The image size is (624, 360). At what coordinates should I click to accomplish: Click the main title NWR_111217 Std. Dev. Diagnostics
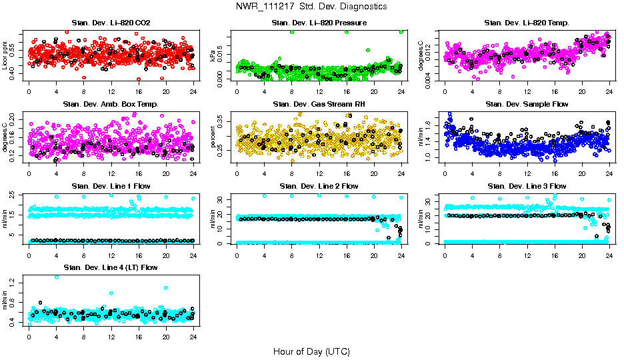(x=311, y=6)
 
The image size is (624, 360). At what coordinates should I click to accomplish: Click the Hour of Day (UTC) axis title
(x=311, y=351)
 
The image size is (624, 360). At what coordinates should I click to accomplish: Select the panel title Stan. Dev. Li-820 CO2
(x=111, y=23)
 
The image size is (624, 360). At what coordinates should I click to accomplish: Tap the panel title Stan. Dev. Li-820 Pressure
(x=319, y=23)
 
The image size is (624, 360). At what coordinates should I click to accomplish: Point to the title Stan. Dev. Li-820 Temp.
(x=527, y=23)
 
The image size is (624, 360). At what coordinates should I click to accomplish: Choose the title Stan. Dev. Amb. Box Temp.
(x=111, y=104)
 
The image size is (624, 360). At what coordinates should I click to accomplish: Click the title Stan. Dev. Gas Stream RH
(x=319, y=104)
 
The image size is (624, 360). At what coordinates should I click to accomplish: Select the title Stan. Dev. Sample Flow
(x=527, y=104)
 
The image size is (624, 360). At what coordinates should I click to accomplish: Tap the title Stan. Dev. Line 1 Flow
(x=111, y=186)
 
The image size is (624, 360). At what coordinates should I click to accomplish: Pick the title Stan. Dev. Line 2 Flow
(x=319, y=186)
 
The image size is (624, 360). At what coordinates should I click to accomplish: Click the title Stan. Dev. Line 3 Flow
(x=527, y=186)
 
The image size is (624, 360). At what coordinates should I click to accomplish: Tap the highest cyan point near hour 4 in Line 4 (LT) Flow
(x=56, y=277)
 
